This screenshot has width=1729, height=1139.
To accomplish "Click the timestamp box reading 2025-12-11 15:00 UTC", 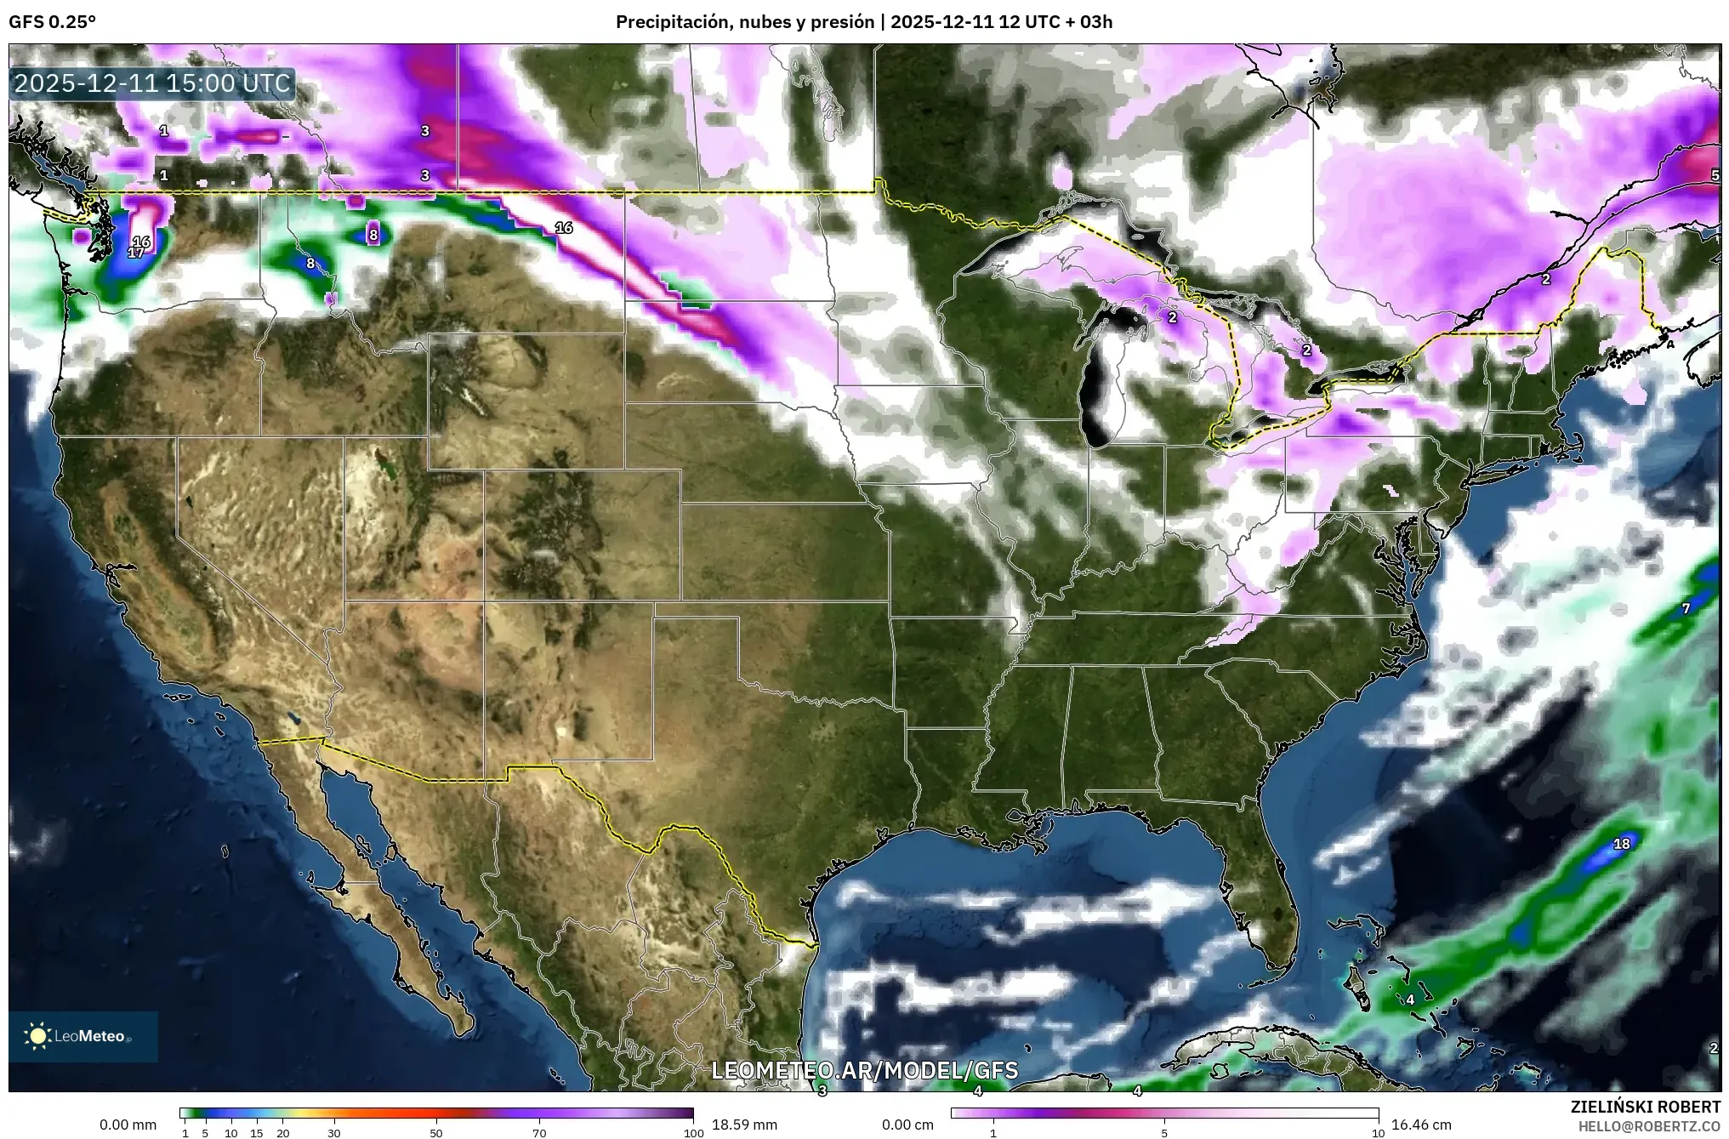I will point(153,83).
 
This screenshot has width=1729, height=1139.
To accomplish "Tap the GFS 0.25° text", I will point(52,22).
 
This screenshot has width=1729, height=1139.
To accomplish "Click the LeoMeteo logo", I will point(82,1036).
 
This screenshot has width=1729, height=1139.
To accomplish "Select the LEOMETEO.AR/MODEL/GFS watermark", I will point(864,1070).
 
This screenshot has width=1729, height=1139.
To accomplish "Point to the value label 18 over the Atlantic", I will point(1622,844).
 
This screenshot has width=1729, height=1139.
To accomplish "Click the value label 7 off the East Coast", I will point(1686,608).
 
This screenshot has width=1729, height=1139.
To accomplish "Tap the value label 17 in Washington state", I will point(136,253).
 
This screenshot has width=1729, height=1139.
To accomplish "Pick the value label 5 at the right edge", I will point(1715,174).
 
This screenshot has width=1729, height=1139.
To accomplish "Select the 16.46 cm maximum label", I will point(1419,1125).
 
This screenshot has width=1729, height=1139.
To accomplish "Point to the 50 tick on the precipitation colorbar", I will point(436,1132).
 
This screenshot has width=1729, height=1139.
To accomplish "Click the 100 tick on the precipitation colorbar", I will point(693,1132).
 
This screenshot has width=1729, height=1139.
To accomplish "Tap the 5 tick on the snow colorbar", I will point(1164,1132).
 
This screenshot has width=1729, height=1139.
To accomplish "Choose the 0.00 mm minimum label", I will point(128,1125).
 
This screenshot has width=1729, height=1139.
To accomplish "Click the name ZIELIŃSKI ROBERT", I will point(1646,1107).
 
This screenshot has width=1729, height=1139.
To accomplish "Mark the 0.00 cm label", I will point(907,1125).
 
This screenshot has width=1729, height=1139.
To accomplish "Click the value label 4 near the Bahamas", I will point(1410,999).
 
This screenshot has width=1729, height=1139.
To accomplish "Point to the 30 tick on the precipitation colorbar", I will point(334,1132).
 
